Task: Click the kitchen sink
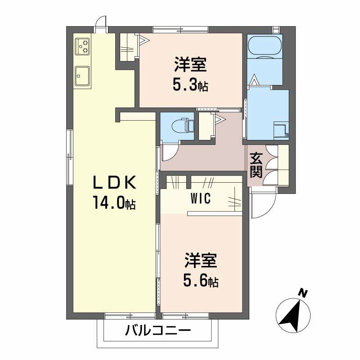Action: (82, 76)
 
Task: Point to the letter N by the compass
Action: (304, 294)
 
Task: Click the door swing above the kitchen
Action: (102, 22)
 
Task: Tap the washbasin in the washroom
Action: (283, 130)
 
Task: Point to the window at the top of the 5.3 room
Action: (180, 30)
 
